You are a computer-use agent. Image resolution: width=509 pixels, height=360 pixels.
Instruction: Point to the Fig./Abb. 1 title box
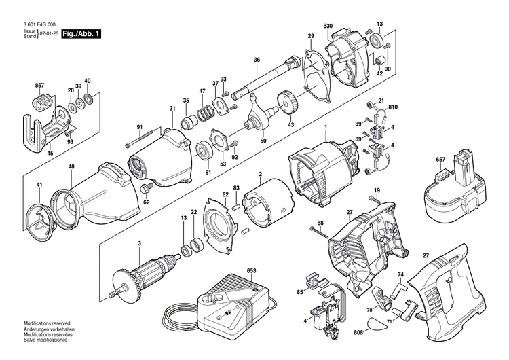click(x=81, y=33)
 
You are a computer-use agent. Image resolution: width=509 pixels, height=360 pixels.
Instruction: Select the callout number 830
click(x=328, y=26)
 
